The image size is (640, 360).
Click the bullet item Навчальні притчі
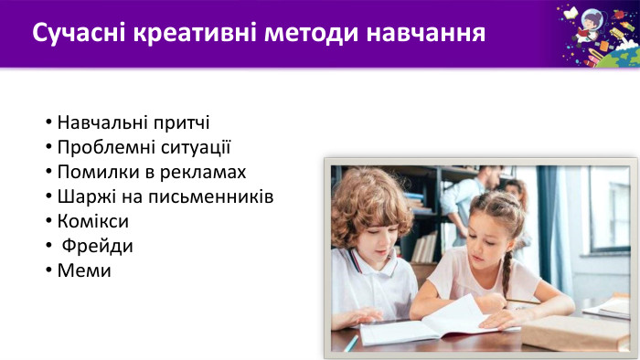[133, 122]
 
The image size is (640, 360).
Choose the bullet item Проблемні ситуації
[144, 147]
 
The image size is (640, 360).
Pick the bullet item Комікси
[92, 221]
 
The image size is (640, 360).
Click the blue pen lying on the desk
[351, 343]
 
